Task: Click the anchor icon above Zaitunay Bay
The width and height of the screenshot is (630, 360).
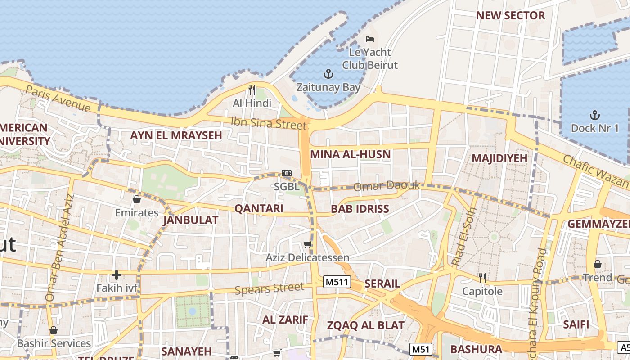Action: click(328, 73)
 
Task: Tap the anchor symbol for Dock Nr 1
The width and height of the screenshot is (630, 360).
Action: click(595, 115)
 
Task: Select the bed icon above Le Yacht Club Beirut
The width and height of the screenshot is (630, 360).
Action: click(370, 39)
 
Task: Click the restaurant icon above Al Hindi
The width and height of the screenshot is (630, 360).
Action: click(252, 90)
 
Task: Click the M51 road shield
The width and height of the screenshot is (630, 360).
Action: click(421, 349)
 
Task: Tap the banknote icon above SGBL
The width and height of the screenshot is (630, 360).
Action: click(287, 173)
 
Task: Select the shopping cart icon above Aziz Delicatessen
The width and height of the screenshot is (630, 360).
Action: click(308, 244)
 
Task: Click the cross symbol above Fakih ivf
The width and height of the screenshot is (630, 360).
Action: click(117, 274)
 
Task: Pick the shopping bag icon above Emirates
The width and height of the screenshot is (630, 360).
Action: click(137, 199)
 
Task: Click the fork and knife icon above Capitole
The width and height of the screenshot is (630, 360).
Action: click(482, 278)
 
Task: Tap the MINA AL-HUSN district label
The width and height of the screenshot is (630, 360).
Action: click(350, 154)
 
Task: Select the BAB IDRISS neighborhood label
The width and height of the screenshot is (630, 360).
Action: click(360, 209)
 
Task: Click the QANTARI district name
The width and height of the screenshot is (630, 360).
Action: click(259, 208)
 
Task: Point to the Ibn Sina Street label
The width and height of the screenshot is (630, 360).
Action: click(269, 122)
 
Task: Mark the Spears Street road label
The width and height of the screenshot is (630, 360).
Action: click(269, 288)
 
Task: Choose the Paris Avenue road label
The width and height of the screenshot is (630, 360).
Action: click(58, 98)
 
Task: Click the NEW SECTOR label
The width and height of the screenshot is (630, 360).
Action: click(510, 15)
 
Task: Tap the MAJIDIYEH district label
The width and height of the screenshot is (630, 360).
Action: click(499, 158)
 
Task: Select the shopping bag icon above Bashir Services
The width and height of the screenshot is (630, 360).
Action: click(54, 331)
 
